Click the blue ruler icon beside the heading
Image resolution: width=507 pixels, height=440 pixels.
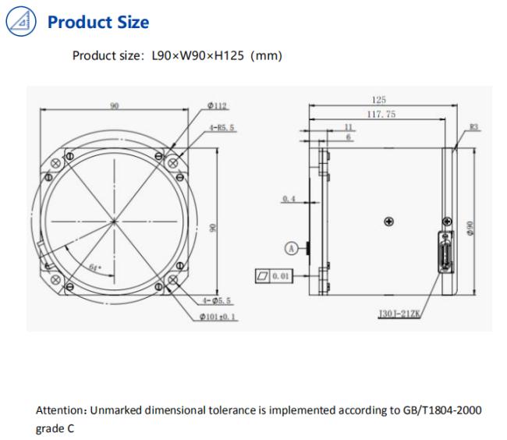[21, 21]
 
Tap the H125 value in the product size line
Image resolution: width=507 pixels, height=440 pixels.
[229, 55]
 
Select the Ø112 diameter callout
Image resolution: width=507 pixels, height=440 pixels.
[217, 106]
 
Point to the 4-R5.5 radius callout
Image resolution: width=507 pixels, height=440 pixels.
[222, 127]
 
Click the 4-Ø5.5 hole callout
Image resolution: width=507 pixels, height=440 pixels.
[217, 300]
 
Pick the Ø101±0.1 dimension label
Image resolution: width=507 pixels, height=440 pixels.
[218, 317]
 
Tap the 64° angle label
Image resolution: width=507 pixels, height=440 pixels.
[95, 268]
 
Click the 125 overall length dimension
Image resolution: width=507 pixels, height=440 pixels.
[378, 100]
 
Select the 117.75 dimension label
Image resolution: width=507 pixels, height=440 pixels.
[381, 114]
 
